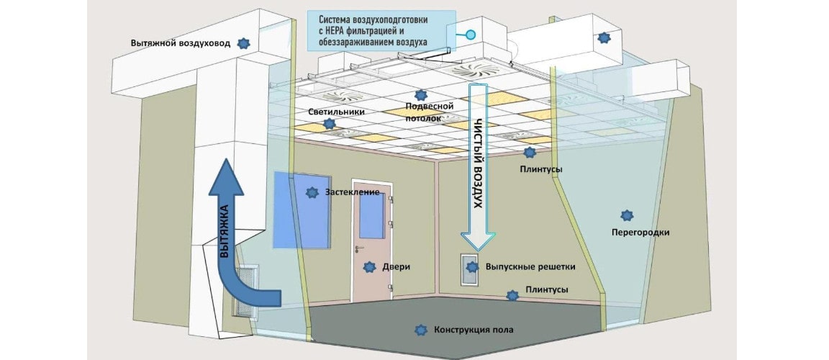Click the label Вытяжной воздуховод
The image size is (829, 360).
[181, 43]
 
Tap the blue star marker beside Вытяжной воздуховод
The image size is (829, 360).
[243, 43]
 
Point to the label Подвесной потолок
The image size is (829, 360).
[423, 112]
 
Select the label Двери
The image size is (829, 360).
[396, 268]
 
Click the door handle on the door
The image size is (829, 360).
[360, 248]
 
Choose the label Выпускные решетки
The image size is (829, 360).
[530, 267]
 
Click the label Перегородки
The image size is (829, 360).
[640, 232]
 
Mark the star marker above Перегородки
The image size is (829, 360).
[627, 215]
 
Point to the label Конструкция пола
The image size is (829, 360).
[474, 330]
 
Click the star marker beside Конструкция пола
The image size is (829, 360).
[421, 330]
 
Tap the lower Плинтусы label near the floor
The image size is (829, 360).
[547, 290]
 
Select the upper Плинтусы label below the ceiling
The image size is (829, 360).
[540, 170]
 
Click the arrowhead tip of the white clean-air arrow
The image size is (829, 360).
[478, 250]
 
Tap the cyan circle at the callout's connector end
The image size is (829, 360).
[470, 35]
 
